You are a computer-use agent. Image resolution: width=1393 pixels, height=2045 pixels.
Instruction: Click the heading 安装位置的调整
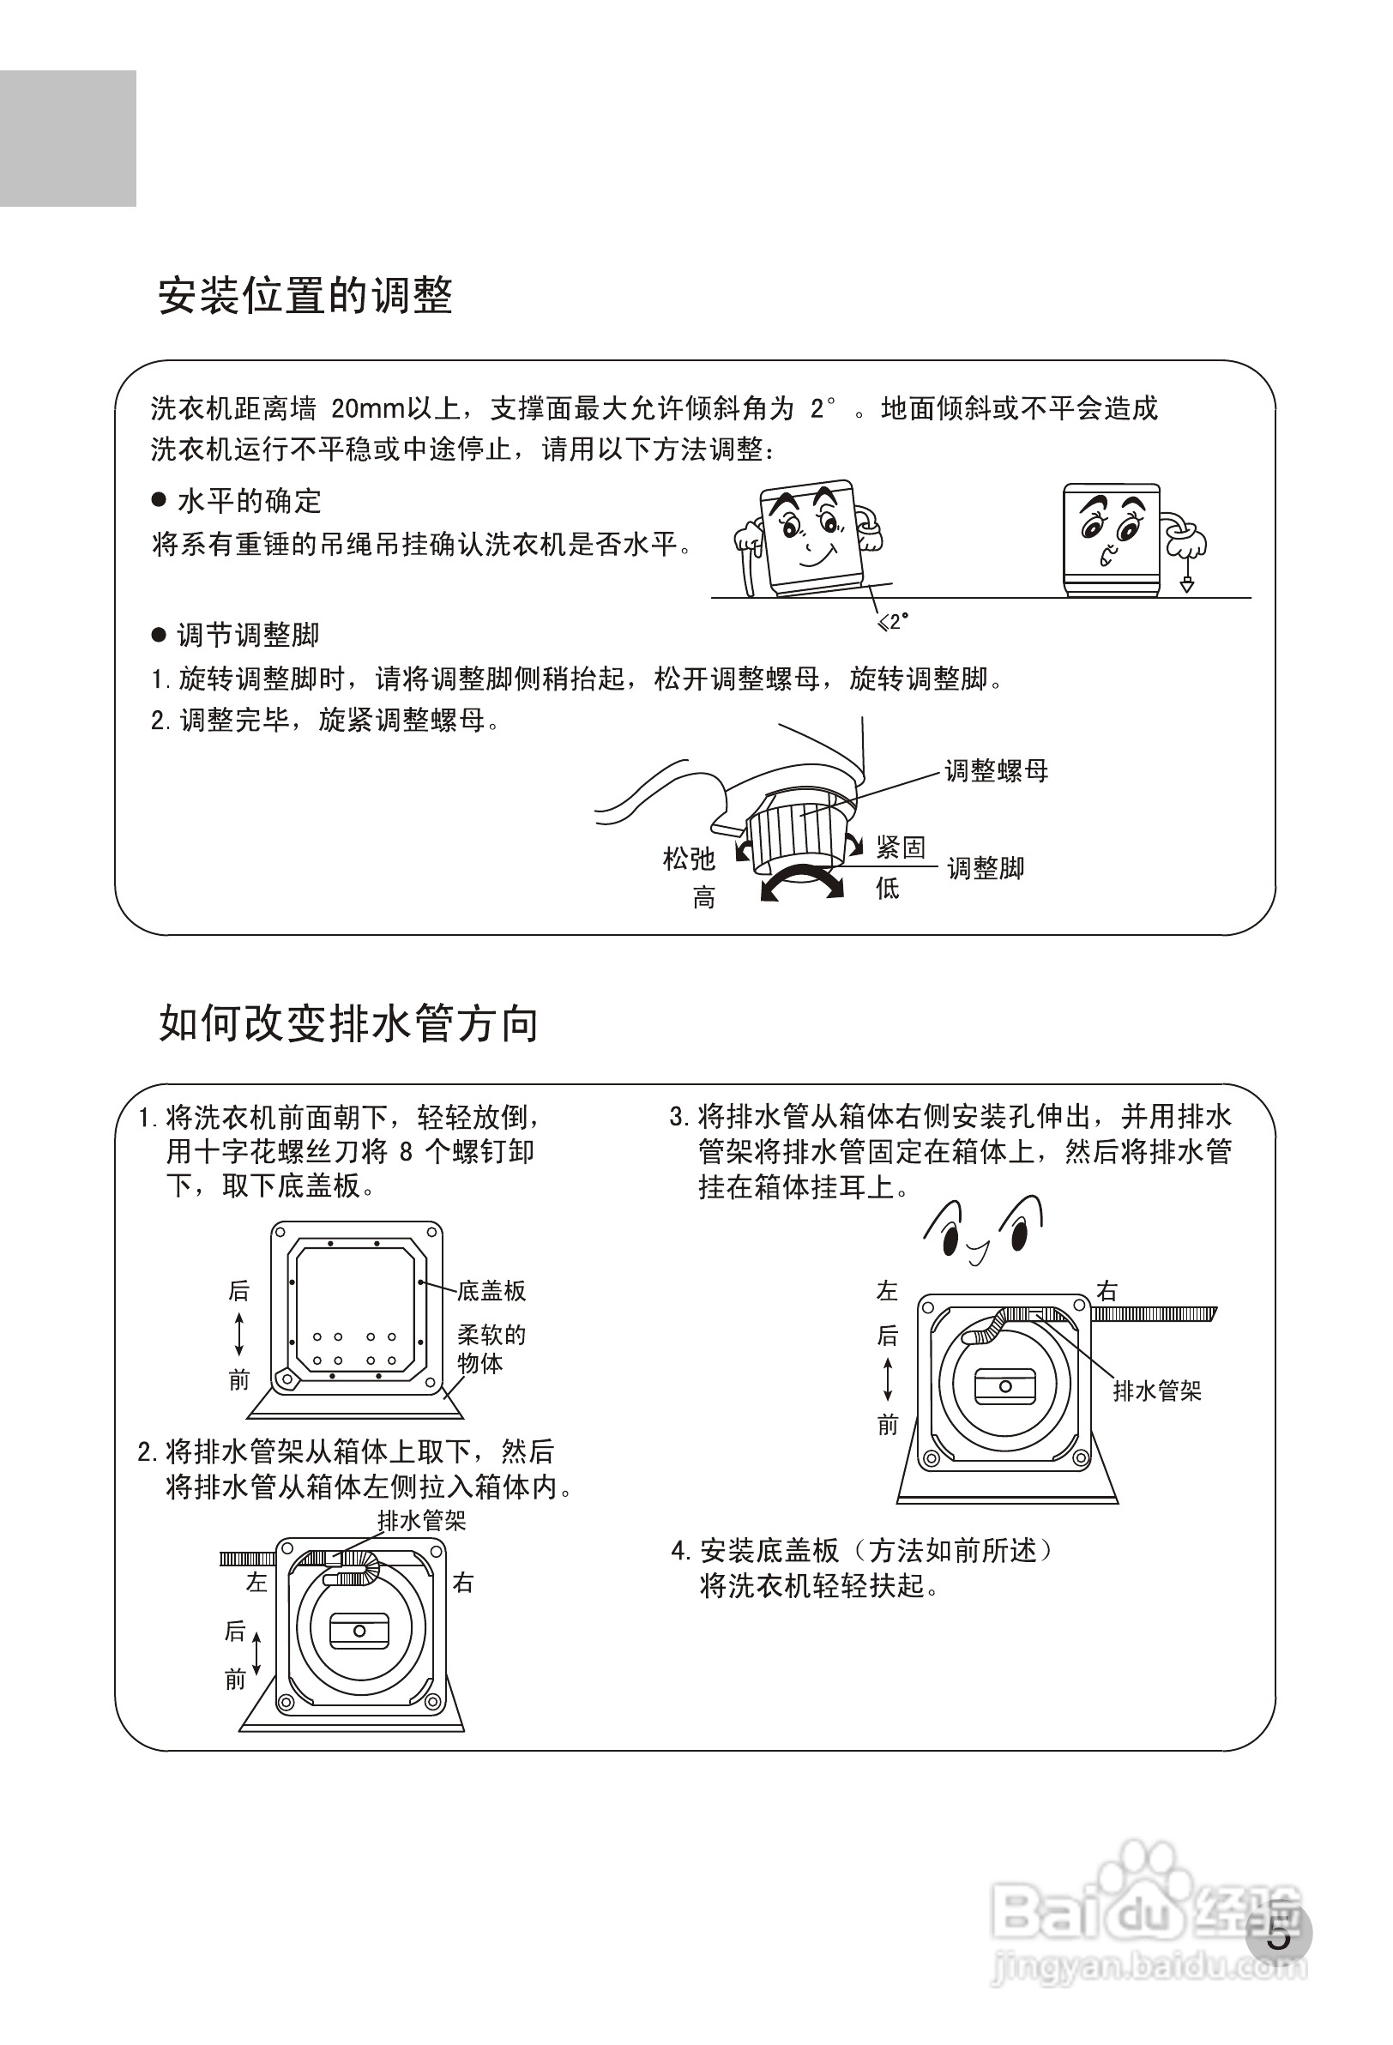pyautogui.click(x=305, y=296)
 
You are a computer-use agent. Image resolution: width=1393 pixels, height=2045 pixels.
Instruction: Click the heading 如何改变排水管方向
pyautogui.click(x=348, y=1023)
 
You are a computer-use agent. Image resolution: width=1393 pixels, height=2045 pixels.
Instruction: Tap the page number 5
pyautogui.click(x=1279, y=1936)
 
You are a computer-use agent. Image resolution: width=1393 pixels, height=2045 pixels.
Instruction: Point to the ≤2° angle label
pyautogui.click(x=892, y=621)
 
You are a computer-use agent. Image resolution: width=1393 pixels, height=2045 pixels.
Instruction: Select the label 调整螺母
pyautogui.click(x=996, y=771)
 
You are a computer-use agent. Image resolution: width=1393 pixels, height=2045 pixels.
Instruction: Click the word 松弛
pyautogui.click(x=688, y=858)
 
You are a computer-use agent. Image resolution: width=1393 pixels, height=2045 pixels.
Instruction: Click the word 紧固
pyautogui.click(x=900, y=848)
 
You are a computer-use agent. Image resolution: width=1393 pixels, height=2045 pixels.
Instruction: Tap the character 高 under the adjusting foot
pyautogui.click(x=704, y=898)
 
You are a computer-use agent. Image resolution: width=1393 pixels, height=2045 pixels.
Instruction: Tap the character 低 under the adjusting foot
pyautogui.click(x=887, y=888)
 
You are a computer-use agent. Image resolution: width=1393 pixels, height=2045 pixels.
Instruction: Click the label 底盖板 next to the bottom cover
pyautogui.click(x=491, y=1291)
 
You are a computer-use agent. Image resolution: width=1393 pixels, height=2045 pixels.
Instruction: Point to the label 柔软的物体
pyautogui.click(x=491, y=1349)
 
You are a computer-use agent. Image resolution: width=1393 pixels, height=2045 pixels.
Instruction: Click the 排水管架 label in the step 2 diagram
pyautogui.click(x=421, y=1521)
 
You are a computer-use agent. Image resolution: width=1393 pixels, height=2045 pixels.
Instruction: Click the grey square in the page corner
pyautogui.click(x=68, y=138)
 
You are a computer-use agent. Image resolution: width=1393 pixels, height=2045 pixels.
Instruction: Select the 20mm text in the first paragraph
pyautogui.click(x=366, y=408)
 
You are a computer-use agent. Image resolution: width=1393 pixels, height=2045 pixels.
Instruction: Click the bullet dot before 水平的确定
pyautogui.click(x=160, y=500)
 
